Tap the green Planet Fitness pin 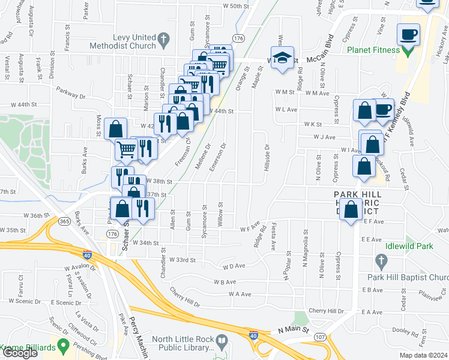pyautogui.click(x=408, y=50)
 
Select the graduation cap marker pyautogui.click(x=282, y=58)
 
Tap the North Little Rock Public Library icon pyautogui.click(x=222, y=343)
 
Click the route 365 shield pyautogui.click(x=64, y=221)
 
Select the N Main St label pyautogui.click(x=292, y=330)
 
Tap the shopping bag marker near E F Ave pyautogui.click(x=351, y=209)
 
